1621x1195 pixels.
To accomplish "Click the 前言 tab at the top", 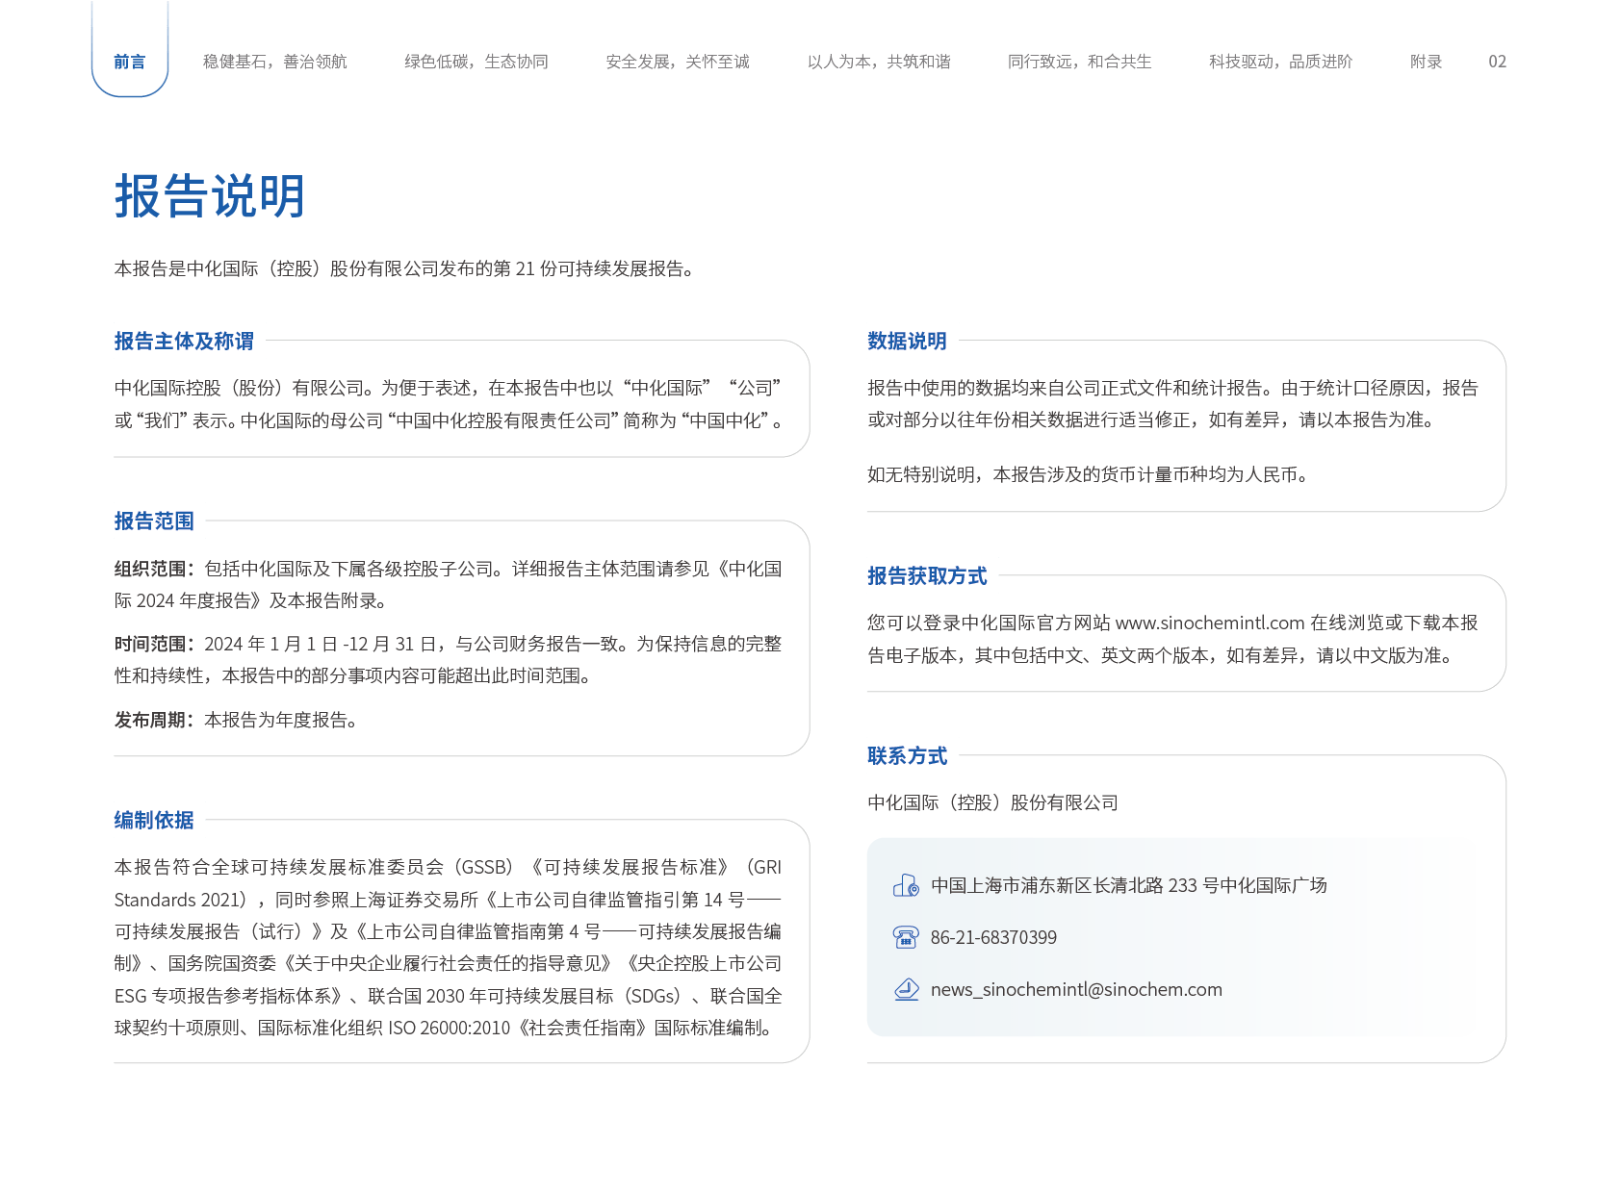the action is (130, 62).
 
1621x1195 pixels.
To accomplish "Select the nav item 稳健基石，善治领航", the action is (275, 62).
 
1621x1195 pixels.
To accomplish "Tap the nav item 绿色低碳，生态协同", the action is (476, 62).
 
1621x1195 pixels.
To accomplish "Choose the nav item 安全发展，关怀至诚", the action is (678, 62).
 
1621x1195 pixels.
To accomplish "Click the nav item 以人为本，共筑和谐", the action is (879, 62).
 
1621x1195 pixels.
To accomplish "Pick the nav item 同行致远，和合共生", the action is (1080, 62).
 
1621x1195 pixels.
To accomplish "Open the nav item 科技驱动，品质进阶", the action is (1281, 62).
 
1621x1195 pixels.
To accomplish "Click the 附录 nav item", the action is (1426, 62).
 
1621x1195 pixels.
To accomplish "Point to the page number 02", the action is (1497, 62).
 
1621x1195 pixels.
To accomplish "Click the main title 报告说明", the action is (210, 195).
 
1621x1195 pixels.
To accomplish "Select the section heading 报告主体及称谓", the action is (184, 341).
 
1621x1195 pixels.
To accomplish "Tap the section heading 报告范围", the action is (154, 521).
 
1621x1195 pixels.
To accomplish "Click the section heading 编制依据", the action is (154, 821).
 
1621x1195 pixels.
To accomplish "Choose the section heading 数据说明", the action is (908, 341).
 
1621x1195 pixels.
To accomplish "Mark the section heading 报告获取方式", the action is (927, 575).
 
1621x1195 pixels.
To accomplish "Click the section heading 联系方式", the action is (908, 756).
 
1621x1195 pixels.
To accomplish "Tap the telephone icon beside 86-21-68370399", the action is (906, 937).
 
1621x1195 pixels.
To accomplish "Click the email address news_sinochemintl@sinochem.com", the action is (1076, 989).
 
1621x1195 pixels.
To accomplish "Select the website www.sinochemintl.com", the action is (1210, 623).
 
